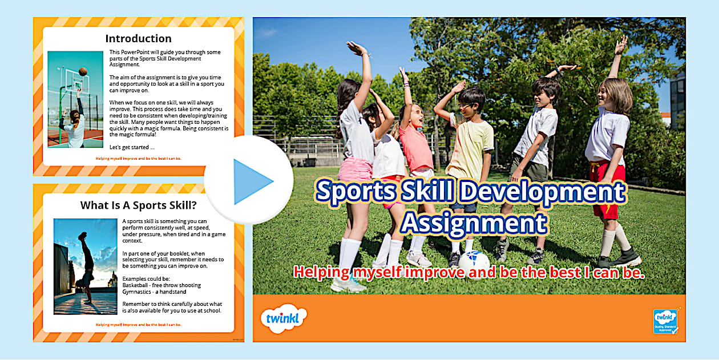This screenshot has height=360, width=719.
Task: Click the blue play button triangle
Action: coord(252,181)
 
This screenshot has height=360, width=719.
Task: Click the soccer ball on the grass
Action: coord(474,264)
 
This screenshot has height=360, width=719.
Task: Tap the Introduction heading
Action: coord(138,39)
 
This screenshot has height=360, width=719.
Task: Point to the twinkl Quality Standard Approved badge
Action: coord(665,321)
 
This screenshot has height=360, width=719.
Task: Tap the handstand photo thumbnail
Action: coord(85,266)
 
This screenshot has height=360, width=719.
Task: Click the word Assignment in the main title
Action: coord(474,223)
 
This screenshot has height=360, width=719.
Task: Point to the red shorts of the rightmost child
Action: coord(607,188)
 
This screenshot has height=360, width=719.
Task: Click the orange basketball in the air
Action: coord(83,71)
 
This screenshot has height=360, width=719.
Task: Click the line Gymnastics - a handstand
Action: coord(154,292)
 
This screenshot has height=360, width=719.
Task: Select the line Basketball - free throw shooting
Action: coord(161,285)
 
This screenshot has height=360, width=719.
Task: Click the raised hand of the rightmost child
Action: coord(622,43)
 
